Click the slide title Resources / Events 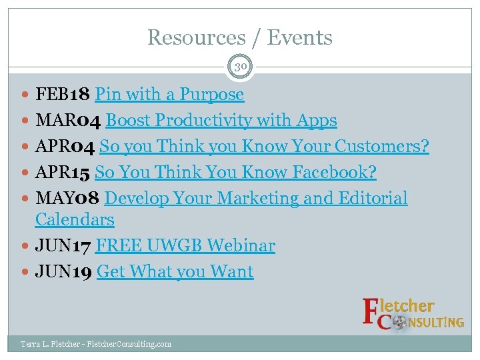(x=240, y=37)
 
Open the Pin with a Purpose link (x=169, y=95)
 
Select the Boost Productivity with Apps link (x=221, y=121)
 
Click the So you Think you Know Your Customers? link (x=264, y=147)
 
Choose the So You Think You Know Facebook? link (x=235, y=173)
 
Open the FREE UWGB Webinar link (x=185, y=246)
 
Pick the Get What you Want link (x=175, y=272)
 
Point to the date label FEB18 (x=63, y=95)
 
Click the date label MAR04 (x=69, y=121)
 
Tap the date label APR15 (x=63, y=173)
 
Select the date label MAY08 (x=68, y=199)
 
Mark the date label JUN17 (x=64, y=246)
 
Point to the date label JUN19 (x=64, y=272)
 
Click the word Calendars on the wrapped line (x=75, y=220)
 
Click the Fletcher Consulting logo (x=413, y=314)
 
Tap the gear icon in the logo (x=399, y=323)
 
